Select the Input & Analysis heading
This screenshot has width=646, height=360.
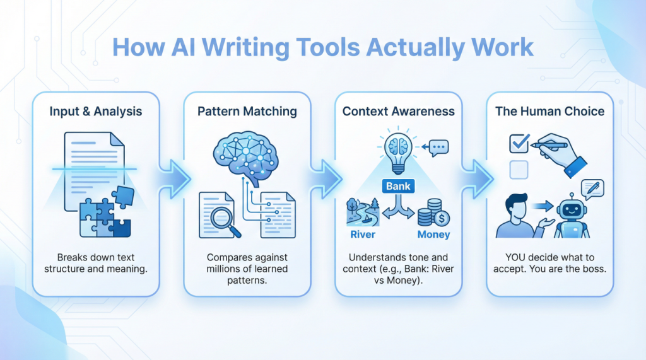[x=96, y=112]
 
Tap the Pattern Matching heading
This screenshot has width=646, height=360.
[x=247, y=112]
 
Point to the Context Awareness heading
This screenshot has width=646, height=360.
[x=399, y=112]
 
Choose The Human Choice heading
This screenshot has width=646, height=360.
[x=549, y=112]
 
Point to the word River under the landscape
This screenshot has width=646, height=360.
[x=363, y=235]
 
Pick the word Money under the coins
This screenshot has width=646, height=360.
[x=433, y=235]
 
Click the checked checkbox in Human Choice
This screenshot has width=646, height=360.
[x=519, y=144]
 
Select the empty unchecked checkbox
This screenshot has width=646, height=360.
[x=518, y=168]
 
